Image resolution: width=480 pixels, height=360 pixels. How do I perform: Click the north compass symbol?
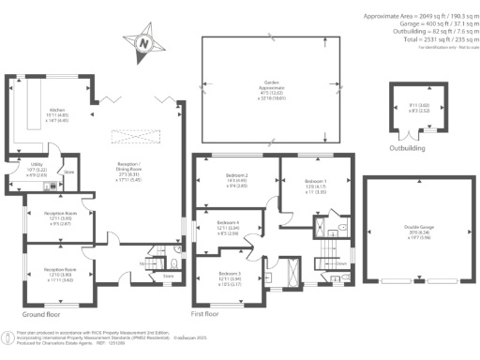pos(142,42)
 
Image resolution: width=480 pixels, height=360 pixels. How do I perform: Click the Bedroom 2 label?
pos(235,178)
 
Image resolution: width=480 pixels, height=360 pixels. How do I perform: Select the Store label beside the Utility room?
pos(68,172)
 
